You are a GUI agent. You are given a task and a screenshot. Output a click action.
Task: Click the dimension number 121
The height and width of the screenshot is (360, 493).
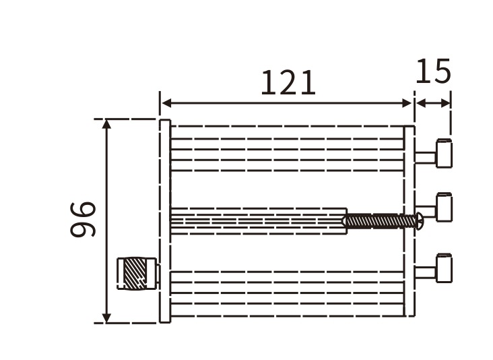coord(288,84)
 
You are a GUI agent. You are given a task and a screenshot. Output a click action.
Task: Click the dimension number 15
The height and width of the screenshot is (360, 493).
coord(432,71)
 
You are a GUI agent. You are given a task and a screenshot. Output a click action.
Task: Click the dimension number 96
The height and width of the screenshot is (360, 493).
coord(84,219)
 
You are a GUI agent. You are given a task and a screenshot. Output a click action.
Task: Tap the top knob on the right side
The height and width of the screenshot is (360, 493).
coord(444,153)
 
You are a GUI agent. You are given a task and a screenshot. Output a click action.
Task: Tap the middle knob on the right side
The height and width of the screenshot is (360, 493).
coord(444,208)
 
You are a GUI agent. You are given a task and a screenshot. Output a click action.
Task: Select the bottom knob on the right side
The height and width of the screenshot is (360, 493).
coord(444,268)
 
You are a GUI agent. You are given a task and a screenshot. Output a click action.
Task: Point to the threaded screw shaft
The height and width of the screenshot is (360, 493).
coord(381,220)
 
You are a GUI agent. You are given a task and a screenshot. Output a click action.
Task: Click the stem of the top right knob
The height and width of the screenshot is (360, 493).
coord(426,157)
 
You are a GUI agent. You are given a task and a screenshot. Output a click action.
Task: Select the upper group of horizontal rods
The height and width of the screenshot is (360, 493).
coord(286,149)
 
